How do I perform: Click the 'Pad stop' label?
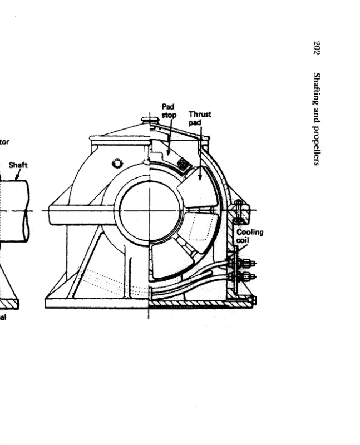click(x=168, y=111)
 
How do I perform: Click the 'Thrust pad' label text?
click(x=200, y=118)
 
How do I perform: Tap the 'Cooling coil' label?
click(x=250, y=236)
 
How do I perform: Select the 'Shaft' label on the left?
click(x=18, y=165)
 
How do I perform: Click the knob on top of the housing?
click(x=149, y=119)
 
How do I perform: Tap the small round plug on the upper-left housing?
click(x=117, y=163)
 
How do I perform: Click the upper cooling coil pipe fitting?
click(x=245, y=261)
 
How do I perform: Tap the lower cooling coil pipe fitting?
click(x=245, y=276)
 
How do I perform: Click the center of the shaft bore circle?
click(x=149, y=211)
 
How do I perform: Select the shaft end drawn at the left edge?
click(x=14, y=209)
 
